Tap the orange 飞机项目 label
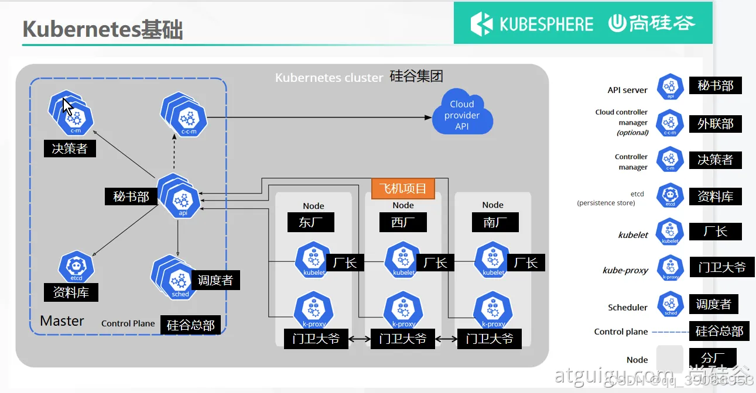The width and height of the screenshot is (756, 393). [403, 188]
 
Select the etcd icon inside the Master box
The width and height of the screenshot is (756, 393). [76, 267]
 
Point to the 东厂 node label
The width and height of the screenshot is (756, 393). [311, 222]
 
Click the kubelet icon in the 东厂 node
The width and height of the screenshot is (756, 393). [314, 261]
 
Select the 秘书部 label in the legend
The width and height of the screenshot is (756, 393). [715, 86]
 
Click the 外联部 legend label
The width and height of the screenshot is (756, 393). [715, 124]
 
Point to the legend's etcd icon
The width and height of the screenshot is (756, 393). [671, 196]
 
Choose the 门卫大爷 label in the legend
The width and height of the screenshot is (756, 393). [721, 267]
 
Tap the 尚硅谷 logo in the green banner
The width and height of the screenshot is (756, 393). [651, 23]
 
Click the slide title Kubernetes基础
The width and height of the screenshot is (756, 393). [102, 29]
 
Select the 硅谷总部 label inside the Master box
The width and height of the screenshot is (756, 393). [190, 325]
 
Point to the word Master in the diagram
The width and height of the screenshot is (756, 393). [62, 321]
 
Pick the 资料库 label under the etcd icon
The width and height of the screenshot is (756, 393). [71, 292]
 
